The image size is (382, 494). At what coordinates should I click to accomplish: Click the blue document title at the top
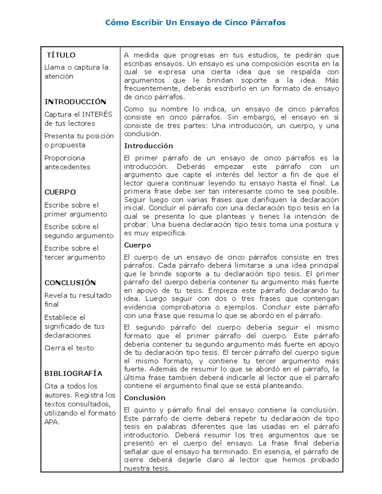(195, 23)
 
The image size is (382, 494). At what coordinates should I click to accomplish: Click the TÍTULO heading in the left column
(61, 55)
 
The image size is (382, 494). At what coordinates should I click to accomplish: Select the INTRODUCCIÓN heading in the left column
(75, 102)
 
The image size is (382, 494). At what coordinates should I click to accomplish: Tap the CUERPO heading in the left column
(60, 192)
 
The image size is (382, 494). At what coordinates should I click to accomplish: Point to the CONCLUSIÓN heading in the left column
(70, 283)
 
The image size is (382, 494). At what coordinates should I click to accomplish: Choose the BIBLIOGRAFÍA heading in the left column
(73, 373)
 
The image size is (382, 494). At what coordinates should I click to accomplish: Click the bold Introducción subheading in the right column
(148, 146)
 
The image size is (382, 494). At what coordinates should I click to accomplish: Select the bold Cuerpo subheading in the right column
(137, 245)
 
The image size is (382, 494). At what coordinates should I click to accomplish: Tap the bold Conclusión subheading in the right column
(145, 398)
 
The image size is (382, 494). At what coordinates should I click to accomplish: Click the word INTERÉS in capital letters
(97, 115)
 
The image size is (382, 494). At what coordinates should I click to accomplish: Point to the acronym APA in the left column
(52, 422)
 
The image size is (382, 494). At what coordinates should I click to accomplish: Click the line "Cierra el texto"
(69, 348)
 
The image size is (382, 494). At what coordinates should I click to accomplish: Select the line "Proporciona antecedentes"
(67, 163)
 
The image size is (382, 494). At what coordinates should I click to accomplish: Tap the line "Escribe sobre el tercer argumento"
(74, 253)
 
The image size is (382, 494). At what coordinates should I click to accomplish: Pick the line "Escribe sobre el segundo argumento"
(79, 231)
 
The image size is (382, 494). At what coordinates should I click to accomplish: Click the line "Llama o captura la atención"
(76, 72)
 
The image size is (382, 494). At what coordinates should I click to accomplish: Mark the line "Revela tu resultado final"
(78, 300)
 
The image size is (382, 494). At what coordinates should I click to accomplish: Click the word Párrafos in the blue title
(268, 23)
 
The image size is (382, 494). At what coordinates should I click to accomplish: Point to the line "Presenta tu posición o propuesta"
(79, 141)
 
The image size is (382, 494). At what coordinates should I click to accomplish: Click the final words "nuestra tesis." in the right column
(147, 468)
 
